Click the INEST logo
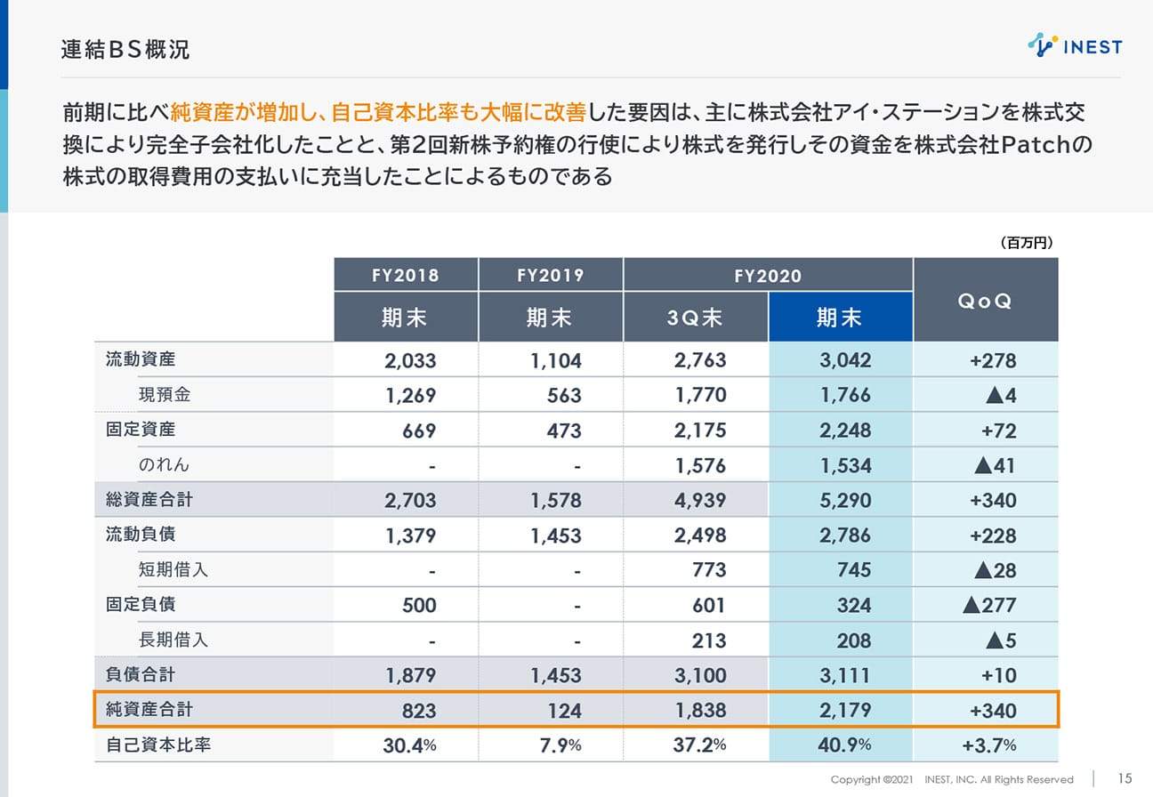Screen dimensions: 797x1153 tap(1075, 45)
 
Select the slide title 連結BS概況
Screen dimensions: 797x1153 tap(125, 50)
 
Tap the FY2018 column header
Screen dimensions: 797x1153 tap(406, 275)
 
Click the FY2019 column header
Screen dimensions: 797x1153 tap(551, 275)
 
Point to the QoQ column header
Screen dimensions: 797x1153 tap(985, 301)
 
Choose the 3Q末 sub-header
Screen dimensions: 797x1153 tap(696, 318)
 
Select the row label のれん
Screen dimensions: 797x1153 tap(164, 464)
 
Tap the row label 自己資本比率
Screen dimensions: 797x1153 tap(153, 745)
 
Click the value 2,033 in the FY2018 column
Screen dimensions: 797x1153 tap(411, 360)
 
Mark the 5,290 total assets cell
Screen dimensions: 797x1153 tap(845, 501)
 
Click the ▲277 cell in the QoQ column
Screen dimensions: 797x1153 tap(989, 606)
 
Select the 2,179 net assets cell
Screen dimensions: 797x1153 tap(845, 711)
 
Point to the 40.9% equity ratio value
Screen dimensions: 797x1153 tap(846, 745)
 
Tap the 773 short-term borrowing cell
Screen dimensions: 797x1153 tap(708, 570)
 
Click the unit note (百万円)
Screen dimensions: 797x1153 tap(1026, 242)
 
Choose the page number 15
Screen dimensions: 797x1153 tap(1125, 778)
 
